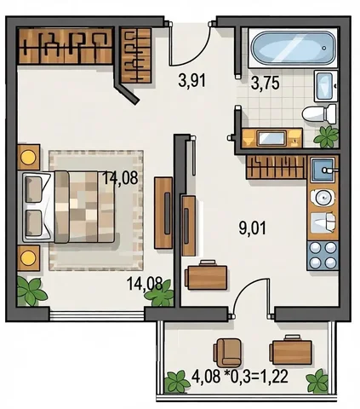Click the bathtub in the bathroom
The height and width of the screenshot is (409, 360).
(x=293, y=48)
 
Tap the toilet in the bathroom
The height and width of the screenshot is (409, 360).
(x=319, y=114)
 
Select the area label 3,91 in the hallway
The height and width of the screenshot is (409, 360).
(x=192, y=80)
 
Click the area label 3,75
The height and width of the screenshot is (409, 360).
(x=266, y=84)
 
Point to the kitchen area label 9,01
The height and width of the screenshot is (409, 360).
(x=253, y=228)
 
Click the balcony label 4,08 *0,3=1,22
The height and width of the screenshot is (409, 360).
(x=240, y=377)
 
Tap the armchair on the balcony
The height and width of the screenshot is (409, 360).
(x=228, y=352)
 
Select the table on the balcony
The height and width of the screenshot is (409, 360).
(x=291, y=349)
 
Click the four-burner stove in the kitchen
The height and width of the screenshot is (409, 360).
(x=323, y=256)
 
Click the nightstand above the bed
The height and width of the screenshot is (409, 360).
(x=29, y=157)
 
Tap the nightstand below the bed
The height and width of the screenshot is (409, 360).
(x=28, y=258)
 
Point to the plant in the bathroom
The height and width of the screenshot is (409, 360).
(x=327, y=137)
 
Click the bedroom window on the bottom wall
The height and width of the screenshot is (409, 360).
(x=97, y=315)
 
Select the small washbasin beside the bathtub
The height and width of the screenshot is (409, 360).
(x=325, y=86)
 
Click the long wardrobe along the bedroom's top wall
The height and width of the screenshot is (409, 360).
(x=66, y=45)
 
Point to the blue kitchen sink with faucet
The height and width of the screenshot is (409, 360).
(x=323, y=170)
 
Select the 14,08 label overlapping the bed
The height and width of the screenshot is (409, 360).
(x=120, y=178)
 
